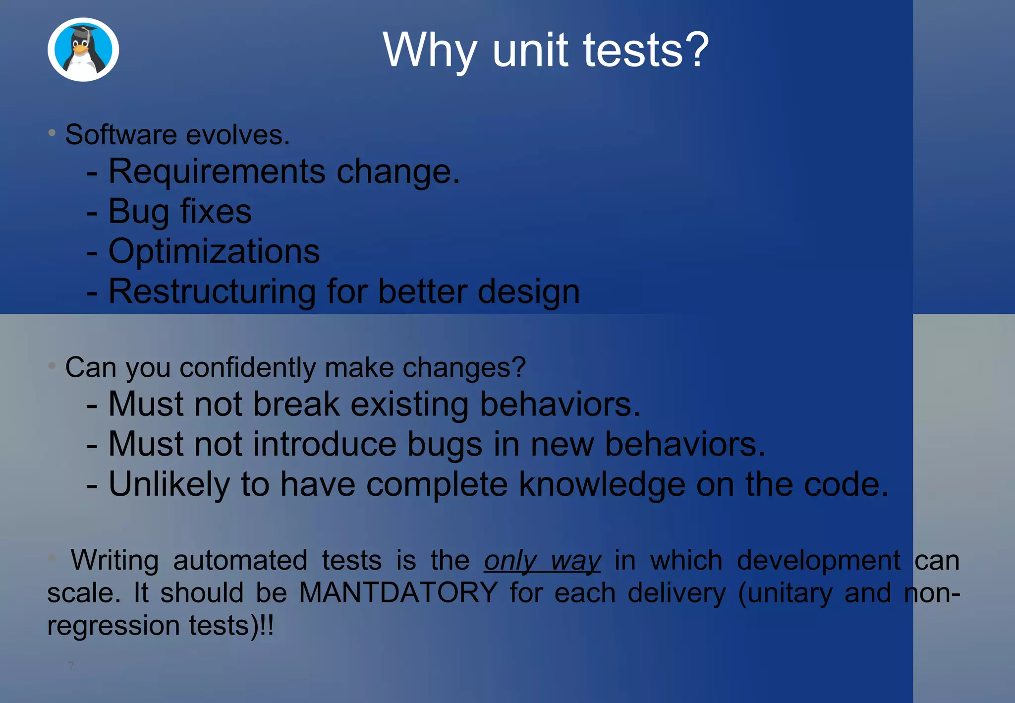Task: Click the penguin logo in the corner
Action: [83, 50]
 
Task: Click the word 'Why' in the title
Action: [429, 50]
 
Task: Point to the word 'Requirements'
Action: [217, 172]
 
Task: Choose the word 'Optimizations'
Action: [214, 251]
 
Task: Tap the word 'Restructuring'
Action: [212, 292]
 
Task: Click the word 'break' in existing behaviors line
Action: [296, 404]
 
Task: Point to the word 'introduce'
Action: [325, 444]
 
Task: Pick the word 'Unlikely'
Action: [169, 484]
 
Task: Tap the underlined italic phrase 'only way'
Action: [542, 561]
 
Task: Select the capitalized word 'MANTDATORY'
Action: [398, 592]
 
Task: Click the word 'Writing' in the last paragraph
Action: [114, 561]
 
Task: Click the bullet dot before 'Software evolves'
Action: [52, 132]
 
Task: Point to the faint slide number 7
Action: [71, 665]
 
